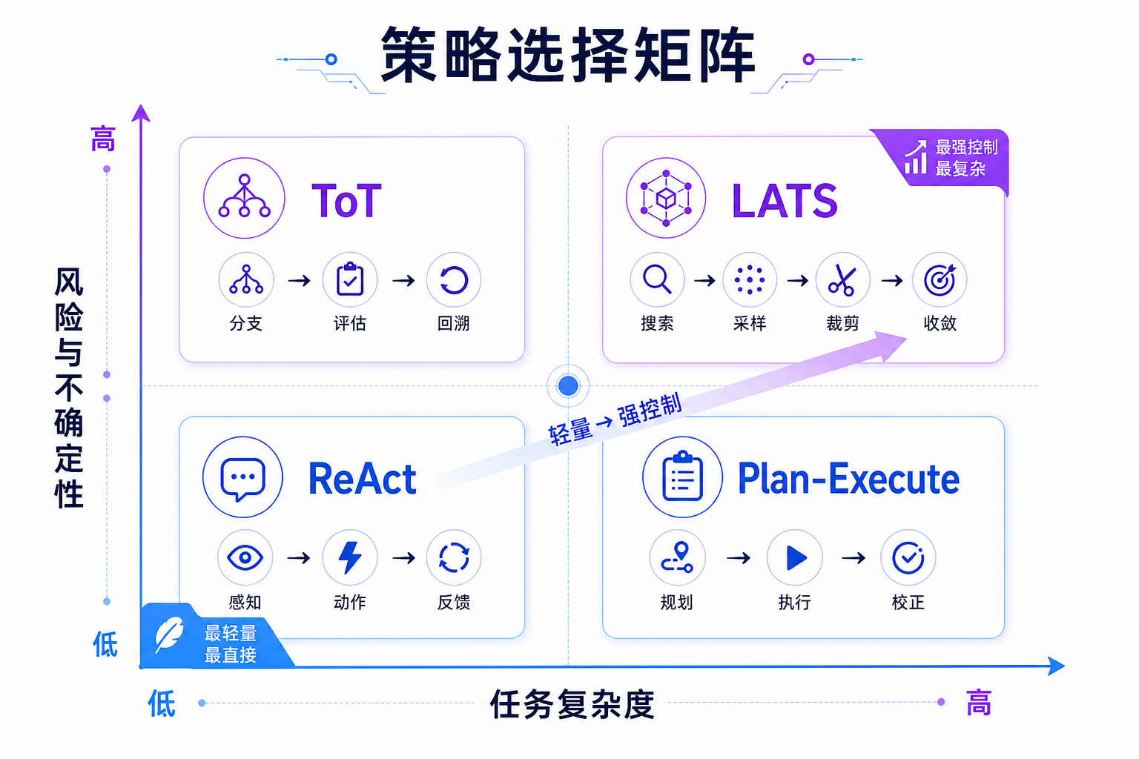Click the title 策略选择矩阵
point(568,55)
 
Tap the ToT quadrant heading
point(346,201)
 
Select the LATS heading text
point(784,201)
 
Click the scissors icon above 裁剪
point(842,280)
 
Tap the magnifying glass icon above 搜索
point(657,279)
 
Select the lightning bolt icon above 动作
point(350,557)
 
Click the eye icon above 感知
point(245,557)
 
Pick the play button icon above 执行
point(796,557)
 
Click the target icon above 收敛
point(940,280)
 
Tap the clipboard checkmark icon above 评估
point(350,279)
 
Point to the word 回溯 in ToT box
point(453,323)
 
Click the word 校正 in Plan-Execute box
point(908,603)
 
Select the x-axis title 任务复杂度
point(572,704)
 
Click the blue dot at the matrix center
point(568,386)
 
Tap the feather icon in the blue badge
point(169,634)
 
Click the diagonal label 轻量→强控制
point(615,420)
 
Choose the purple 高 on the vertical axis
point(103,139)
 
